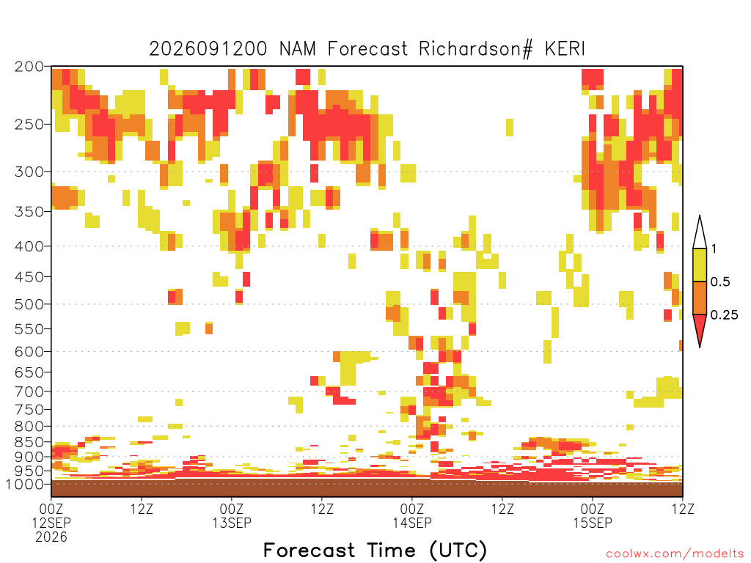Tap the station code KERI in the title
565,48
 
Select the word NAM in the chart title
298,48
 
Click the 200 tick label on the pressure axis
29,67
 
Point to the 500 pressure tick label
29,304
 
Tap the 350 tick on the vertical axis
29,211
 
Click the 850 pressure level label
29,442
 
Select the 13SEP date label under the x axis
232,523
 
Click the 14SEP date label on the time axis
412,523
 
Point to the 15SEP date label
593,523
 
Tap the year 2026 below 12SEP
51,537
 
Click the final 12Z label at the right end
683,509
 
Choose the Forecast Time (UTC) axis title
375,550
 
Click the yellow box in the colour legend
700,265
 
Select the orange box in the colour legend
700,298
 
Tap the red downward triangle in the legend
700,328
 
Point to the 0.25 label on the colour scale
724,315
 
